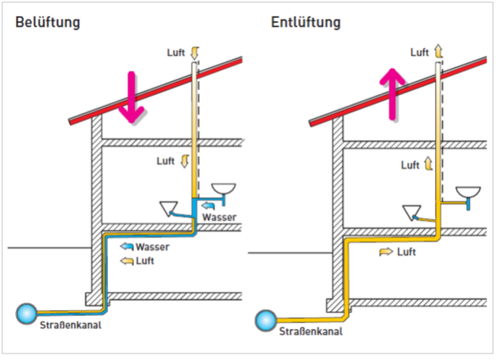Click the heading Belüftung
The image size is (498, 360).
[x=47, y=22]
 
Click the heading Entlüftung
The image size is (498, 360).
[x=305, y=22]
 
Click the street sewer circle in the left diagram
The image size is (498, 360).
[x=28, y=313]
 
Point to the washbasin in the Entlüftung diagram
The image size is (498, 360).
[x=469, y=193]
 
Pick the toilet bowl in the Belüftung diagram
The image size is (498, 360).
[x=171, y=209]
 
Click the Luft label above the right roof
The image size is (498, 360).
[x=420, y=52]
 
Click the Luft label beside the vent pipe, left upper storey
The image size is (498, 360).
[x=166, y=161]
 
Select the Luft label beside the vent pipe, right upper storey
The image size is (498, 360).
[x=410, y=165]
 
